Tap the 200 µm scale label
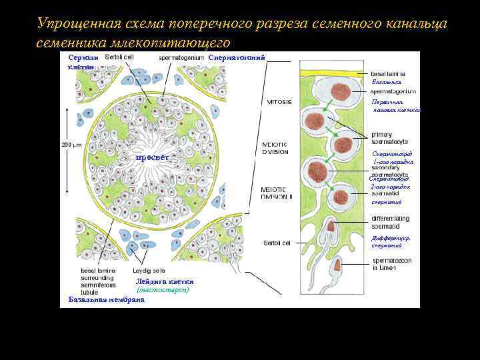[71, 144]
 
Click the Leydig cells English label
[148, 271]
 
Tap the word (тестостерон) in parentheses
[163, 290]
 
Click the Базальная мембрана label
[107, 299]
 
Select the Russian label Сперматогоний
[237, 57]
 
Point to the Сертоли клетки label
[83, 62]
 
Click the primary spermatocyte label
[391, 138]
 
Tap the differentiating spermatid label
[391, 222]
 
